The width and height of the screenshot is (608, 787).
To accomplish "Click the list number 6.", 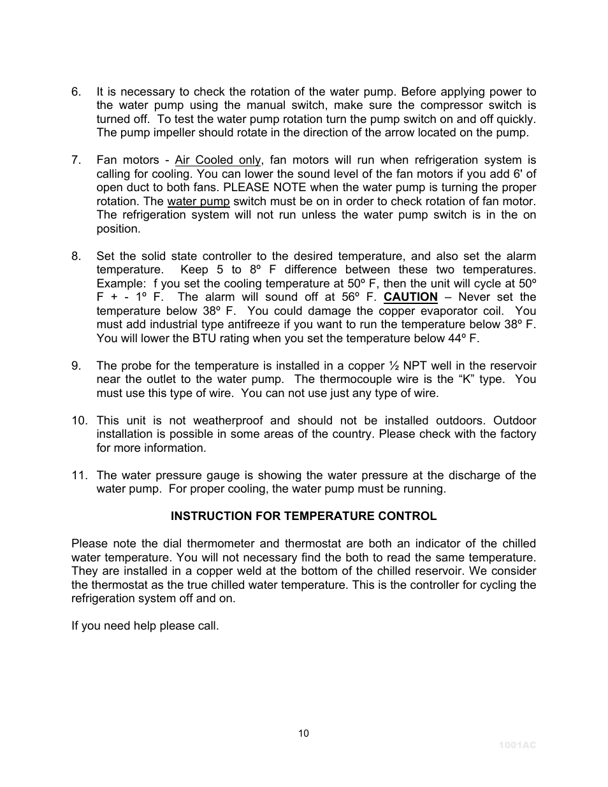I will click(76, 92).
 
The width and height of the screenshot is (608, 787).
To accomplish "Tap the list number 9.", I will click(76, 366).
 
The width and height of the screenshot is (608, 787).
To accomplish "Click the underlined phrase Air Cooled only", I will click(217, 161).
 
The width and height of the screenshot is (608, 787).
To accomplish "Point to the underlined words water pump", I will click(198, 201).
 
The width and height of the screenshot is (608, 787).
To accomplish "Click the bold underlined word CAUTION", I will click(410, 298).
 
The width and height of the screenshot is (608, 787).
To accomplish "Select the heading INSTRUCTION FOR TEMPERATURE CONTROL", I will click(303, 516).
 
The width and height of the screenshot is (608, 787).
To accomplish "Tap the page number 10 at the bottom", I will click(303, 733).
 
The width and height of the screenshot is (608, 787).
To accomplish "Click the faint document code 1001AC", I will click(517, 745).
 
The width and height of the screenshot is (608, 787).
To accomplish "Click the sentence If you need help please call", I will click(145, 626).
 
